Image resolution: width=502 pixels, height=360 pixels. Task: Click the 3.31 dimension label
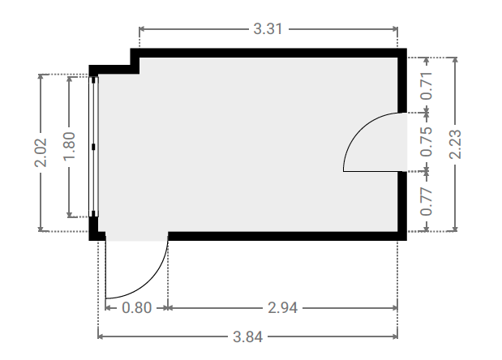click(268, 29)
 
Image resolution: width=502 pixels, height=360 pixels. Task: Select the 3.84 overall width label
click(247, 337)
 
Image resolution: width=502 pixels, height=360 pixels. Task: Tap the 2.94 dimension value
click(282, 308)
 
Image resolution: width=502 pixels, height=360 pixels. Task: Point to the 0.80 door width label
click(137, 308)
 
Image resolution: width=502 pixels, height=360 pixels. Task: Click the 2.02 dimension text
click(41, 152)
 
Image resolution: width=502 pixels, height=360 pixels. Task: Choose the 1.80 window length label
click(70, 146)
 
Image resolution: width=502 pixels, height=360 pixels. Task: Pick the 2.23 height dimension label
click(455, 144)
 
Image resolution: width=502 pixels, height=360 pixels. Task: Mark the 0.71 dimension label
click(426, 86)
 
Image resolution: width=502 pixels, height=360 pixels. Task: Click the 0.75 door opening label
click(426, 142)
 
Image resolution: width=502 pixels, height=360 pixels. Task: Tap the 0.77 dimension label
click(426, 202)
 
